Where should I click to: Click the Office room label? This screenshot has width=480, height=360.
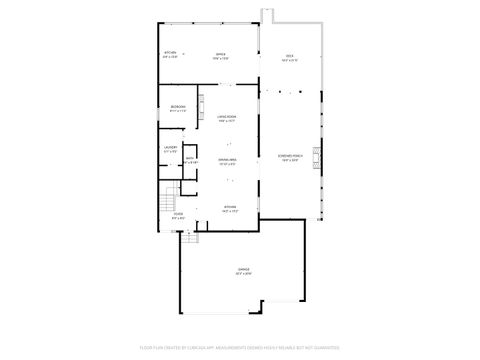tap(220, 53)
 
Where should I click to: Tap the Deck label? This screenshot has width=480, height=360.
tap(289, 55)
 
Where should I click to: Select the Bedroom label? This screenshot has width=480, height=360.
tap(178, 106)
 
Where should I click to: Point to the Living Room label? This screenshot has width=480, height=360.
tap(227, 118)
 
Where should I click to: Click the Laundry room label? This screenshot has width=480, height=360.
tap(171, 148)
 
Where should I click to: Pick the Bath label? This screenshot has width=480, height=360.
tap(189, 157)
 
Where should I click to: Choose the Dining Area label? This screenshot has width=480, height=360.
tap(227, 160)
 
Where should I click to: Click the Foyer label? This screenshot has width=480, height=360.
tap(178, 213)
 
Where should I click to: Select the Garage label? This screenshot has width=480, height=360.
tap(243, 269)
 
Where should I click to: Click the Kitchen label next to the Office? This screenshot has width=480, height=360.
tap(170, 53)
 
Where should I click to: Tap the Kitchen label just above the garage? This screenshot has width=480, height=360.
tap(229, 207)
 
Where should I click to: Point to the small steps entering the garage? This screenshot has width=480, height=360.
tap(189, 236)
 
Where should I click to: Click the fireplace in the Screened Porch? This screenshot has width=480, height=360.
tap(320, 159)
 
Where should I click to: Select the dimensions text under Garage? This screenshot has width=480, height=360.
tap(243, 274)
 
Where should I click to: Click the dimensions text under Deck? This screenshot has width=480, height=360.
tap(289, 60)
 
